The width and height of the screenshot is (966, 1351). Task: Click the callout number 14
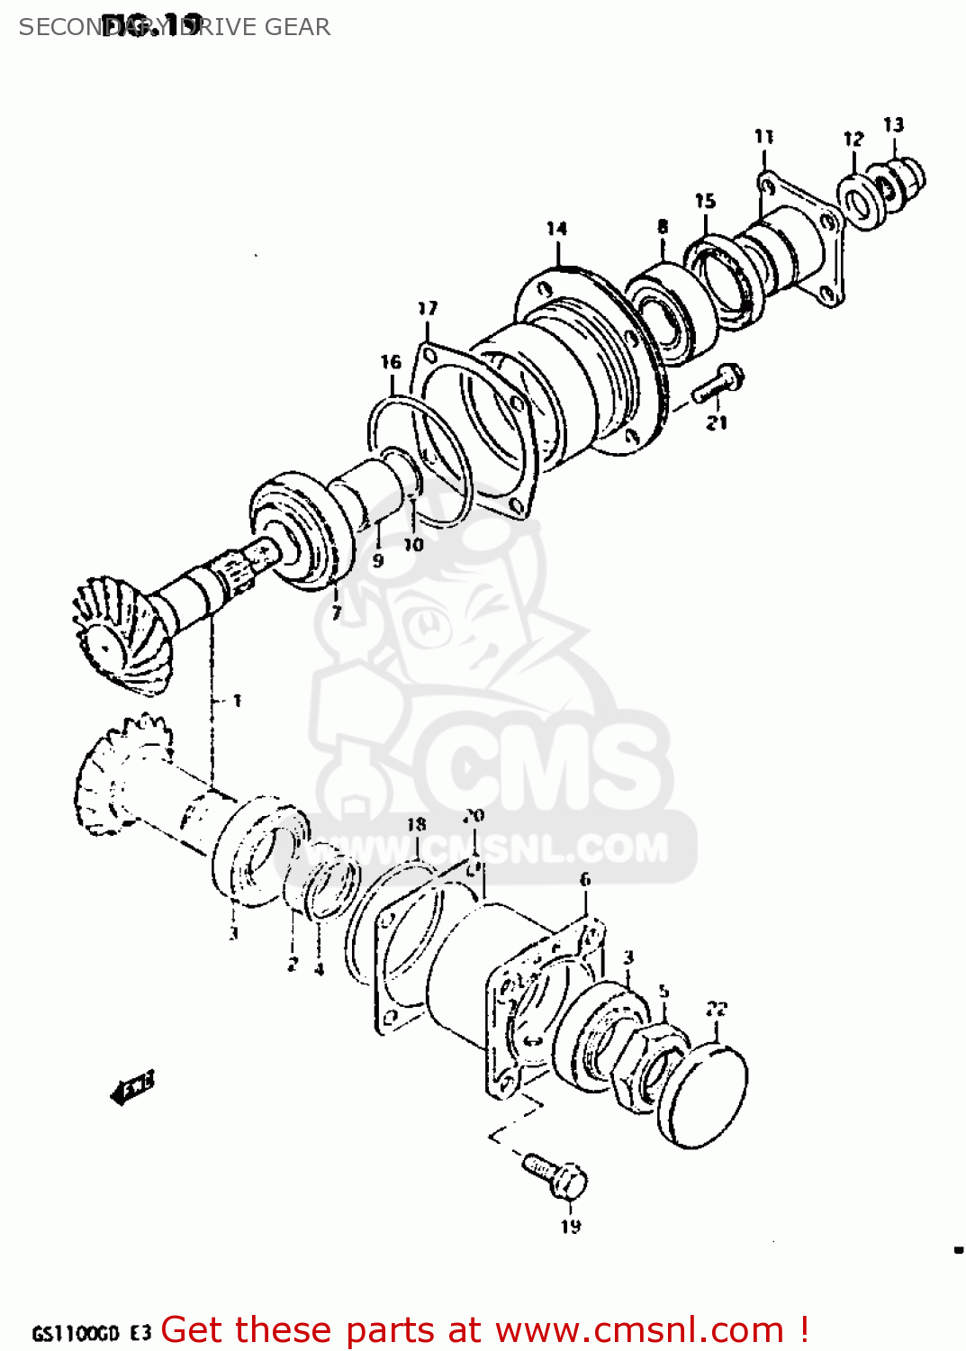[x=556, y=229]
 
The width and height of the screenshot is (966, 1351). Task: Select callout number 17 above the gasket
[x=427, y=309]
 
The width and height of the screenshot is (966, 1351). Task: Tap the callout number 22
[x=717, y=1009]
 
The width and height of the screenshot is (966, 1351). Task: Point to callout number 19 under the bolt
[x=571, y=1226]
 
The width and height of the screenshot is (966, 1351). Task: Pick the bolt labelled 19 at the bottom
[x=556, y=1174]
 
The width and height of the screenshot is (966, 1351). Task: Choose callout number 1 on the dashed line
[x=237, y=700]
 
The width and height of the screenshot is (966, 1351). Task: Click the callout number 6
[x=585, y=879]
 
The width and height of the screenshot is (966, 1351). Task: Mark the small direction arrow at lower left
[x=132, y=1086]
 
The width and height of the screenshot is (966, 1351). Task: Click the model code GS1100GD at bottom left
[x=76, y=1333]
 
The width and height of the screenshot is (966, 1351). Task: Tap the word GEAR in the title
[x=297, y=27]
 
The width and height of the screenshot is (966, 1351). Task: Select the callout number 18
[x=416, y=824]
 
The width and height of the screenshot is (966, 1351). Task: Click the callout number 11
[x=763, y=137]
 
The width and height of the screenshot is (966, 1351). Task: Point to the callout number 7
[x=336, y=613]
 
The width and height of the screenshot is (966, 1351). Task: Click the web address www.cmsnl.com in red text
[x=639, y=1329]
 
